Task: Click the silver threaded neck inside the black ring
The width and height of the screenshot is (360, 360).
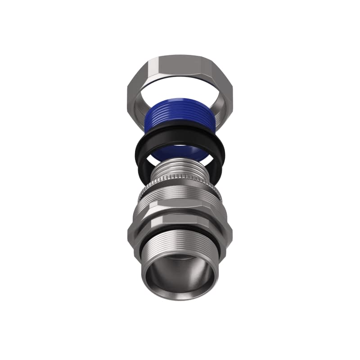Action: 180,173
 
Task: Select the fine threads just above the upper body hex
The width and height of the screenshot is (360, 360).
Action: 180,198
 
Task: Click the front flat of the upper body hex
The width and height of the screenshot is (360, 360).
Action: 180,209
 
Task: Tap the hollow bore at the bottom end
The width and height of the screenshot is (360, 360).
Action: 180,274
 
